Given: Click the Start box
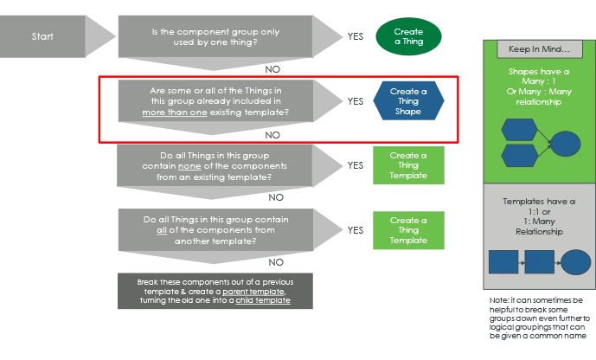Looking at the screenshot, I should click(42, 37).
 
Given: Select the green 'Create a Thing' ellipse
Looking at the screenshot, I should click(408, 36).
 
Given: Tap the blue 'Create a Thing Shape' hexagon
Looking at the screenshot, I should click(408, 100).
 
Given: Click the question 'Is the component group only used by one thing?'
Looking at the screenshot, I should click(216, 37).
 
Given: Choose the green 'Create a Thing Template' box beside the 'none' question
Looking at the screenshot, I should click(408, 165).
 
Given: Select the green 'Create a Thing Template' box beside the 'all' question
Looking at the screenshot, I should click(408, 230).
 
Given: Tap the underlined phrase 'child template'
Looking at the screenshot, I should click(263, 300).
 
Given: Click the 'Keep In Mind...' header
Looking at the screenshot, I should click(532, 48).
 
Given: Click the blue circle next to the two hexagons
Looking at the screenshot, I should click(566, 143).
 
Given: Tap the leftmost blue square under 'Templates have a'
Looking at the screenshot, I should click(503, 262).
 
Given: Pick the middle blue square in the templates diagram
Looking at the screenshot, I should click(539, 262).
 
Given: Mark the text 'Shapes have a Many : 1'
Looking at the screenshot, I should click(532, 77).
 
